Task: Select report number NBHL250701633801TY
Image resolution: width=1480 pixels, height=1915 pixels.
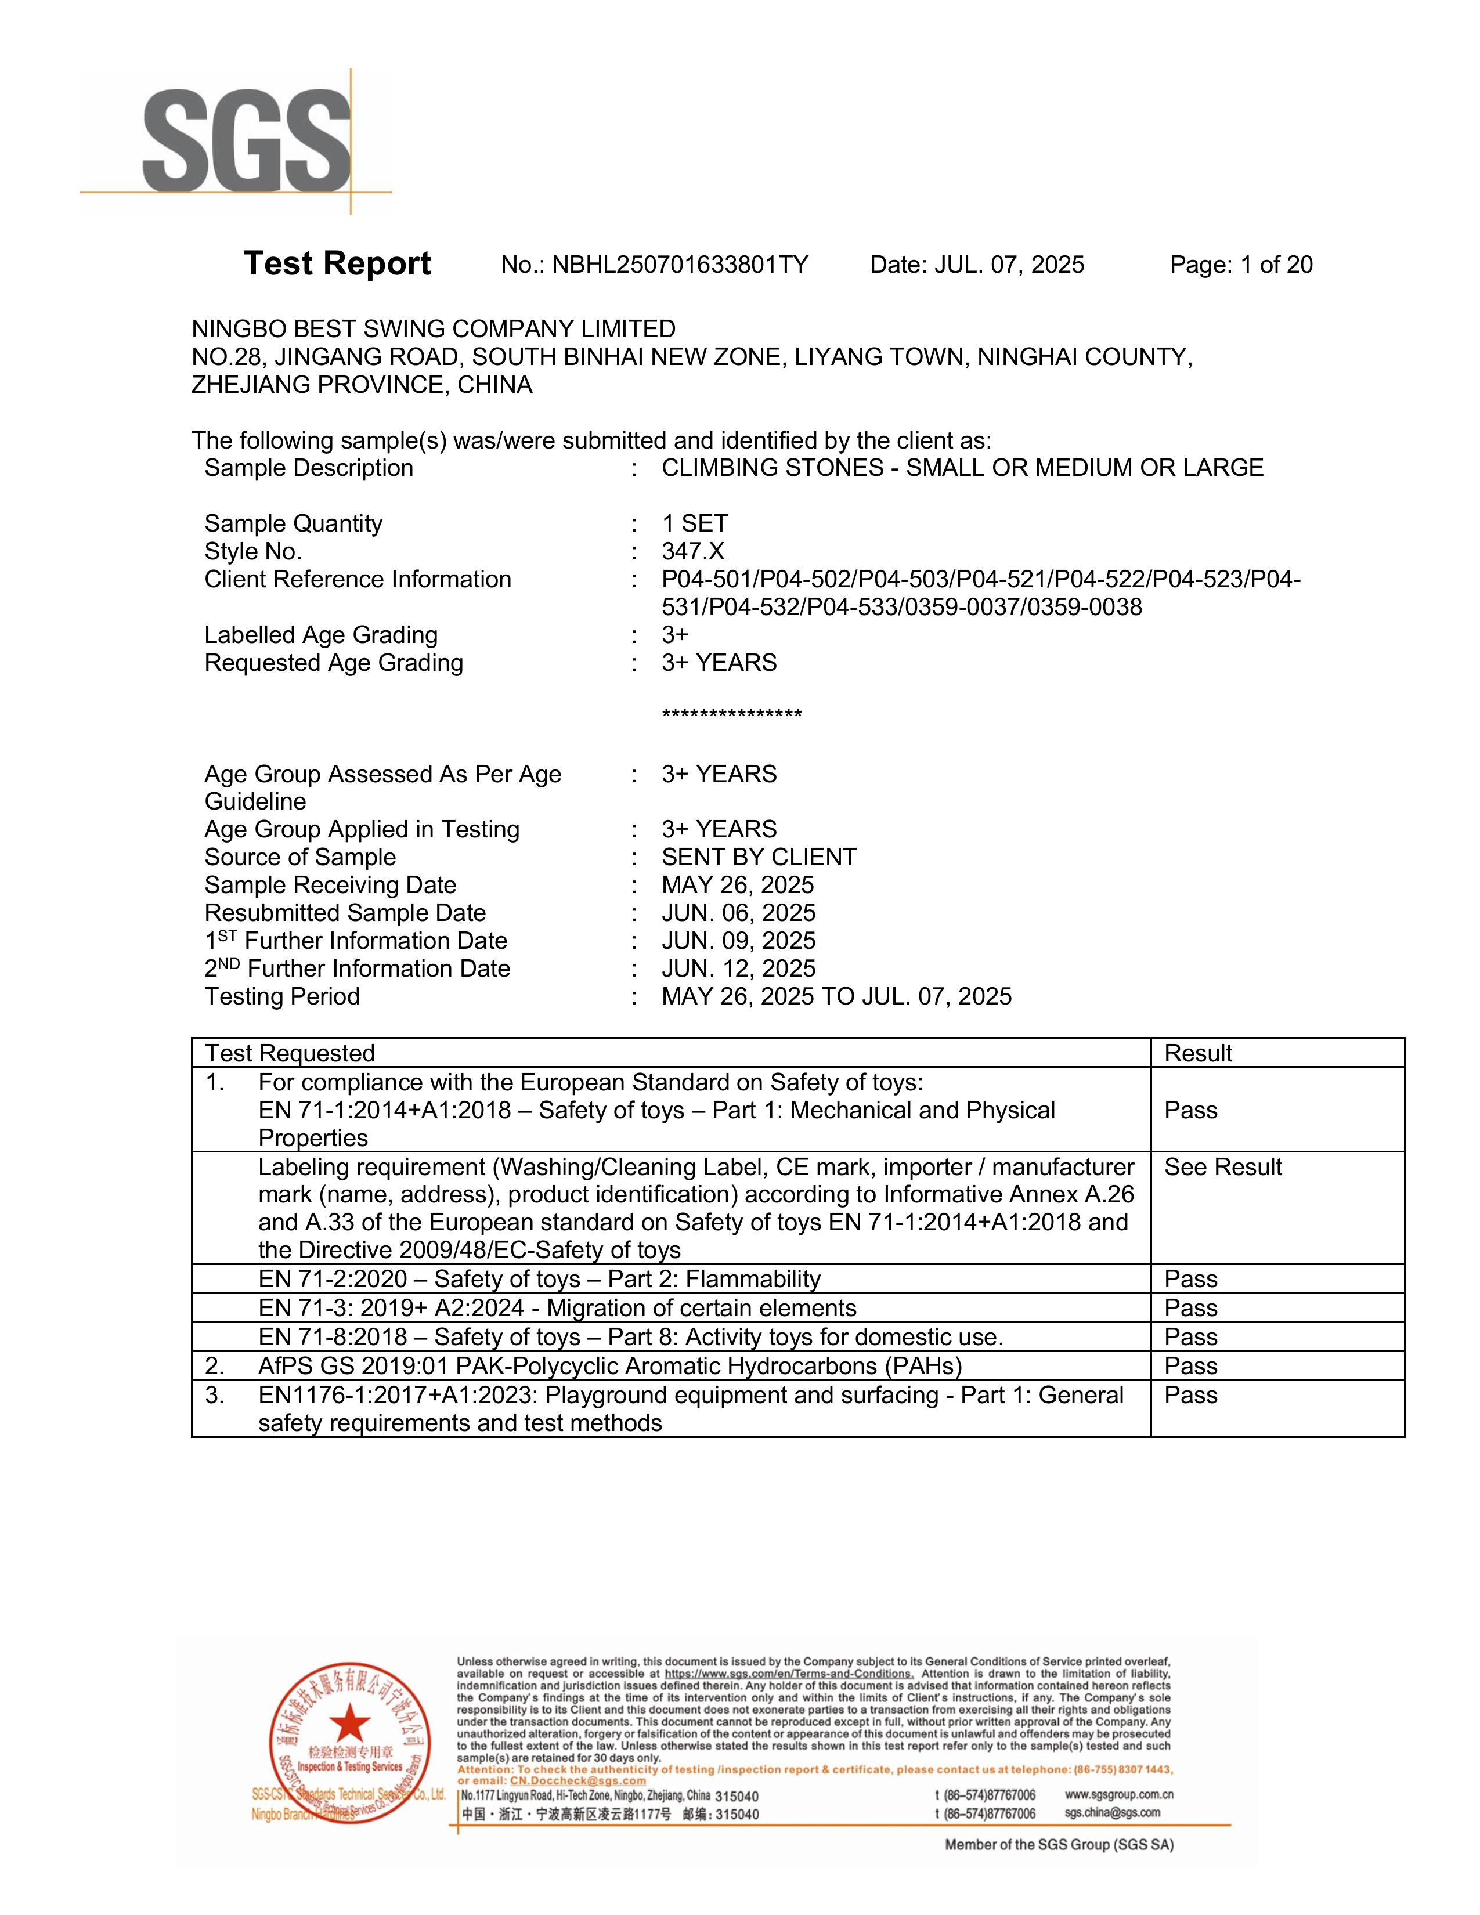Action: (x=680, y=265)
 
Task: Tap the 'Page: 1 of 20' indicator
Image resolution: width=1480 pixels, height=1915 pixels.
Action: (x=1241, y=265)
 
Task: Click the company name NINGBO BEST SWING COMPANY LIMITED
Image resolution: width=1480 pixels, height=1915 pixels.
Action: (x=433, y=329)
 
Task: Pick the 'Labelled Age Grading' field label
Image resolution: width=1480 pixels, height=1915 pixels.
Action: (x=321, y=635)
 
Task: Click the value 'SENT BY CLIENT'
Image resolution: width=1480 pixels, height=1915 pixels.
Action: (x=759, y=858)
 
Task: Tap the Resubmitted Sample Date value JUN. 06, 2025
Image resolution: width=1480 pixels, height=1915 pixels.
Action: (x=738, y=913)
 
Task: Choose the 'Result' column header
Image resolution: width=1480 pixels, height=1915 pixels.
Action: (x=1198, y=1053)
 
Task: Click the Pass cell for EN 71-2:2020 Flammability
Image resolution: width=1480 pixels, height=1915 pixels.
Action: (x=1190, y=1280)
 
